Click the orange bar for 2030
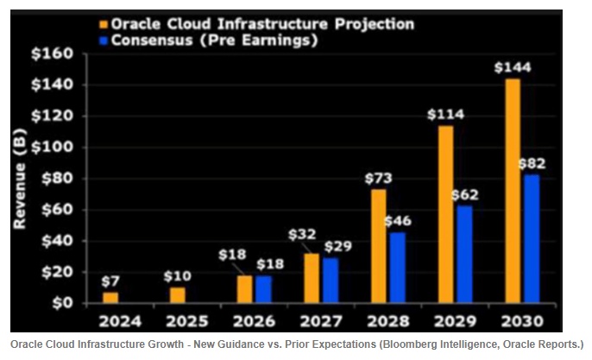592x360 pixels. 512,191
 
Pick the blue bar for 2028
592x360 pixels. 398,267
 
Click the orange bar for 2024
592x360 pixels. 110,297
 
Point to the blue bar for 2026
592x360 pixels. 263,288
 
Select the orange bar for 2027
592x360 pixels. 312,278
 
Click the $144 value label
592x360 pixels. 512,67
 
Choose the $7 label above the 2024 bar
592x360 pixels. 110,281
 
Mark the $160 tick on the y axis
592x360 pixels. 55,54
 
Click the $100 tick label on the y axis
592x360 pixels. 55,148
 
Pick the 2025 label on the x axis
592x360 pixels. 186,322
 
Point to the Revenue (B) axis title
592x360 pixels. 20,178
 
